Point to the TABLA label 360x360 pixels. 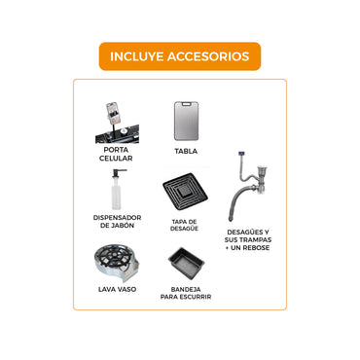[x=185, y=151]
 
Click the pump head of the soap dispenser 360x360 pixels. [x=121, y=175]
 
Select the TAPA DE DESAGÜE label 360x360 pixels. [x=185, y=225]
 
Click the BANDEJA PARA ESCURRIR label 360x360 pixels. [x=185, y=293]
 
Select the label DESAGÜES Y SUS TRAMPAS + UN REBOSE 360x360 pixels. [x=247, y=240]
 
